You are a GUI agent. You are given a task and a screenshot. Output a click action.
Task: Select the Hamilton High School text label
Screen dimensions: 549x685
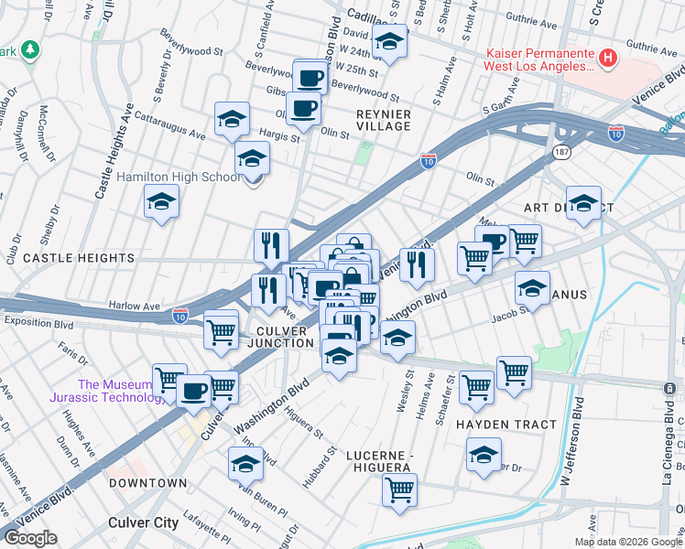click(x=179, y=177)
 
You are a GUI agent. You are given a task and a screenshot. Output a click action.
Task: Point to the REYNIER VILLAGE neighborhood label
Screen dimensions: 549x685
click(x=383, y=119)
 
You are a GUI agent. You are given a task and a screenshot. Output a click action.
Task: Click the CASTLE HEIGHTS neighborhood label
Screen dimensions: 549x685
click(x=78, y=259)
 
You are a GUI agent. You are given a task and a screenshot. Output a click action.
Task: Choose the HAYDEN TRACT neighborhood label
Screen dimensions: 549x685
click(x=506, y=425)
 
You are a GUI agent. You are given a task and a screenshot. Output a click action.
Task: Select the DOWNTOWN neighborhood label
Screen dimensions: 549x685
click(x=147, y=482)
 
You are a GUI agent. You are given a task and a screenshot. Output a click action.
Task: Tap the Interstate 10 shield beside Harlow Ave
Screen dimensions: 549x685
click(x=181, y=316)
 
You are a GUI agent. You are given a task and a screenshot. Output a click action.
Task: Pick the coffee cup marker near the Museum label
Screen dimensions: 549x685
click(x=193, y=390)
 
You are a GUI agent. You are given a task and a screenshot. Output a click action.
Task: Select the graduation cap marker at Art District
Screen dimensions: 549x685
click(x=582, y=203)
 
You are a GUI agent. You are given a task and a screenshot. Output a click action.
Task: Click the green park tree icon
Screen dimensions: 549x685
click(x=31, y=48)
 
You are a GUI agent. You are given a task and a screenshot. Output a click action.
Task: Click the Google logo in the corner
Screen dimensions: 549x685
click(x=30, y=537)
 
